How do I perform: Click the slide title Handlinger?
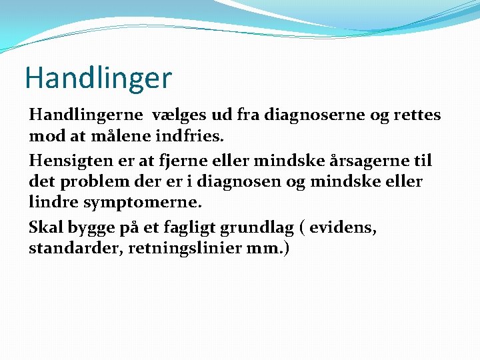98,78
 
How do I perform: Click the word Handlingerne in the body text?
86,115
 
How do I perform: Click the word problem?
90,181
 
